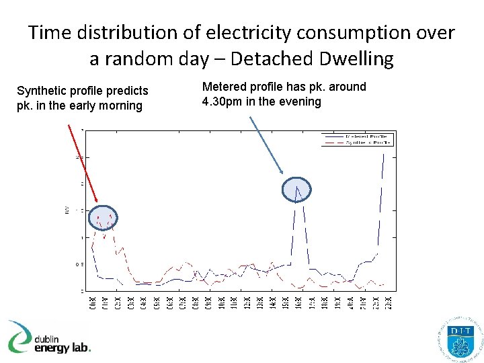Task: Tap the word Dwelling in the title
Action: [361, 58]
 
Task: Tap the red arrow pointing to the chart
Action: [83, 161]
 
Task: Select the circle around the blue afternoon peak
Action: [296, 190]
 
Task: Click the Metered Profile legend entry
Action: [368, 136]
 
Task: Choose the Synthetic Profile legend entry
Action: [368, 143]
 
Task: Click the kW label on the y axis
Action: [67, 211]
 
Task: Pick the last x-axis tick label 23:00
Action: [390, 302]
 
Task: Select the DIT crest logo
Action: [460, 339]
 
